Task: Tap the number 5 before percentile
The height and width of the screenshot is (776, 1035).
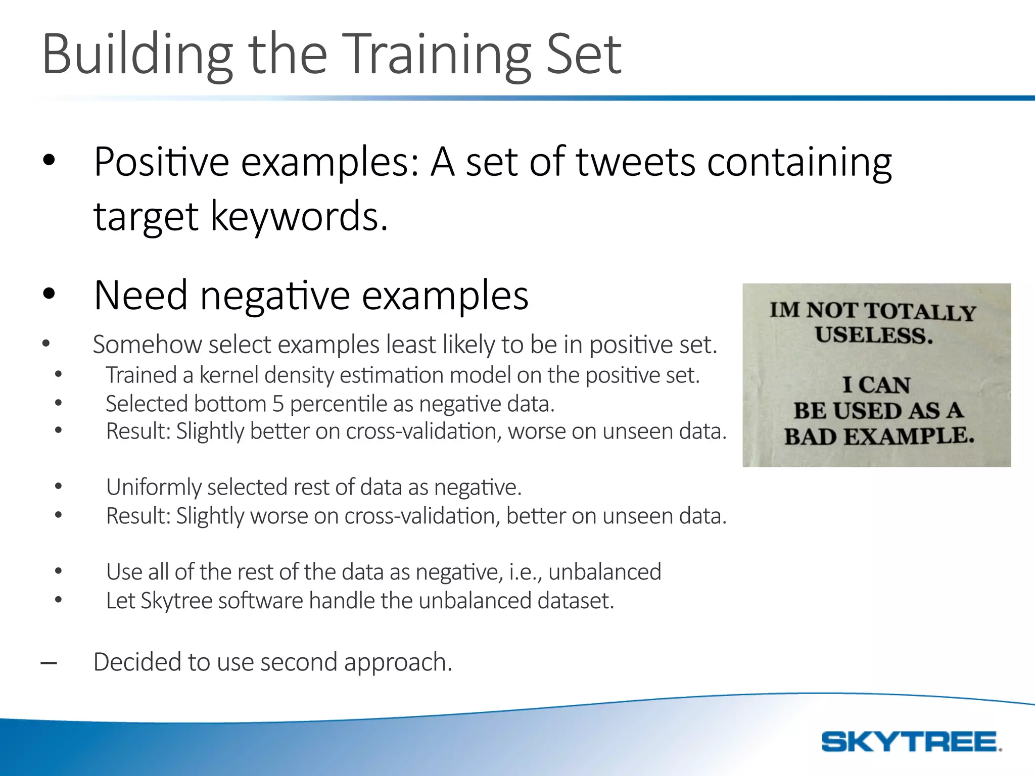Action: pos(278,404)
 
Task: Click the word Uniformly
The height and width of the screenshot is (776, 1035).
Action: pos(154,488)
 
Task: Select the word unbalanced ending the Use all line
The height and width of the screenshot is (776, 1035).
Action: pos(604,572)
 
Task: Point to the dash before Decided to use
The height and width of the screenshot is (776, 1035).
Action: pos(49,663)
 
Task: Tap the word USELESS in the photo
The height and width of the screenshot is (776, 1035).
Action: pos(874,336)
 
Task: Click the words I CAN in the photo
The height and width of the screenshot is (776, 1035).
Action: pos(876,385)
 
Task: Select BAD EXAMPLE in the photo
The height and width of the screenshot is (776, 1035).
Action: pos(879,436)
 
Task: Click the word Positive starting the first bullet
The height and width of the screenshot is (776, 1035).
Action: pos(162,163)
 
